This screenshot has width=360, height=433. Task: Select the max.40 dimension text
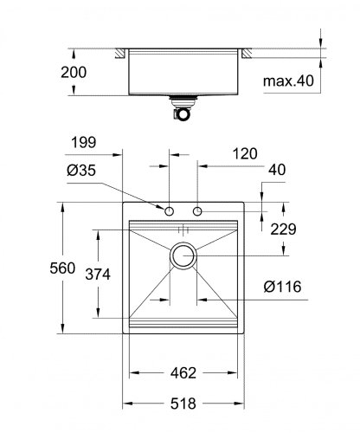(289, 81)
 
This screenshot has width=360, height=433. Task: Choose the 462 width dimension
(183, 373)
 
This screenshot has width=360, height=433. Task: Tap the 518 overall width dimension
(183, 404)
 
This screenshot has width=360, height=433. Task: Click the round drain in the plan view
(183, 255)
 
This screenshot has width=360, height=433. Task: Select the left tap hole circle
(170, 211)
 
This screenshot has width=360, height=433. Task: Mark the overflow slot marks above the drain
(183, 229)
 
